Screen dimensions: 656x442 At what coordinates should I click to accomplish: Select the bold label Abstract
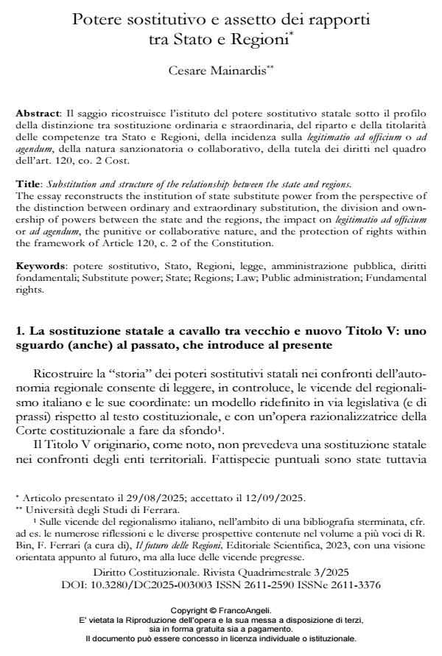(37, 116)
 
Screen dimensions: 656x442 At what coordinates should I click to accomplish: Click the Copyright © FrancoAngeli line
(220, 611)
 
